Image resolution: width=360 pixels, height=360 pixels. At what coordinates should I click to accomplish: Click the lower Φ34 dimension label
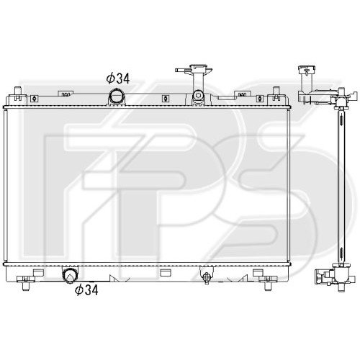pos(87,290)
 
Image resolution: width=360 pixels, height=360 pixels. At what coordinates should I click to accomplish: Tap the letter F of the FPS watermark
pos(101,180)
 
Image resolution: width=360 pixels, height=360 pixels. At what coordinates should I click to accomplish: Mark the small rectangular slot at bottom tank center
pos(166,272)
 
